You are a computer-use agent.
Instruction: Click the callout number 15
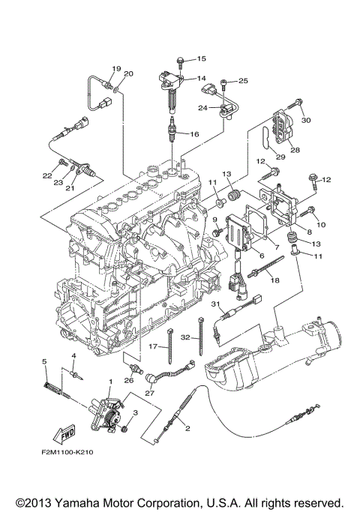[201, 58]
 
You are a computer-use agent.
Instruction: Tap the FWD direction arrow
[64, 434]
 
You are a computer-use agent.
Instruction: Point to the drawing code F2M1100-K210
[67, 452]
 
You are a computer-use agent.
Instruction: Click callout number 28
[295, 150]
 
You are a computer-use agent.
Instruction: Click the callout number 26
[129, 380]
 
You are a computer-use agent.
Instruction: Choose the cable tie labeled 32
[200, 336]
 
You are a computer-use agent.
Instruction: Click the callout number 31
[215, 304]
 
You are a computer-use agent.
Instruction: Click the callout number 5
[44, 361]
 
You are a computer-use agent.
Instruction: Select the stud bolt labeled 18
[266, 266]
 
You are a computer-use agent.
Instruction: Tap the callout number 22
[47, 175]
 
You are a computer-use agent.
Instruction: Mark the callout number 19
[116, 68]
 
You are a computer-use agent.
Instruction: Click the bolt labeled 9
[217, 232]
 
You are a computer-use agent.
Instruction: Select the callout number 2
[187, 428]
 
